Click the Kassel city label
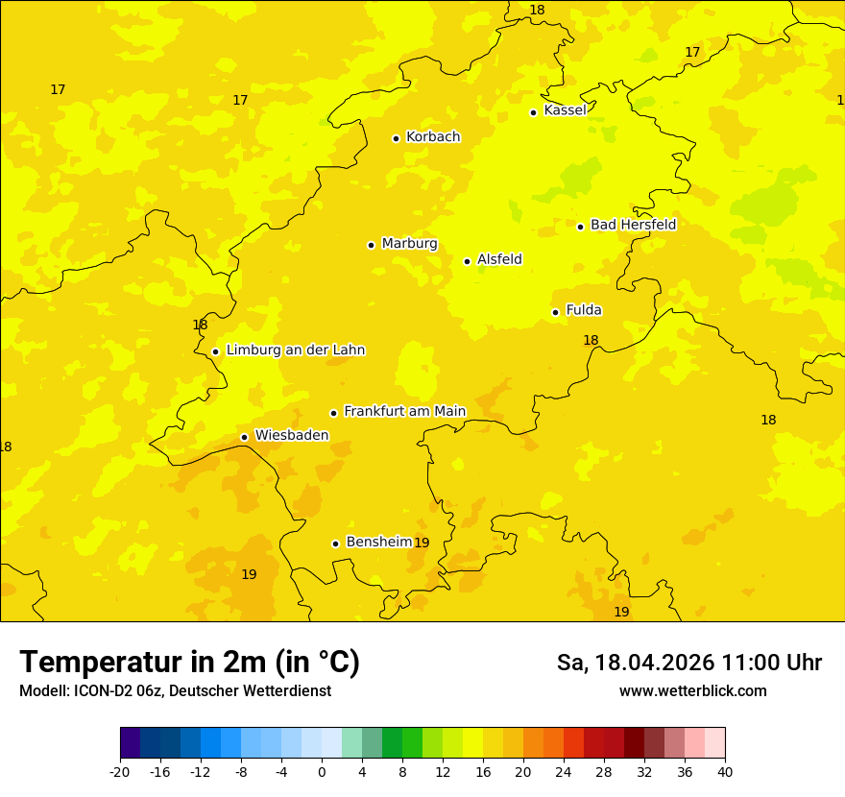565,110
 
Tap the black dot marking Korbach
396,138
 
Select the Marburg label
409,244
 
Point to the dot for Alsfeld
468,261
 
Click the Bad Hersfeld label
633,225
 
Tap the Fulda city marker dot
555,312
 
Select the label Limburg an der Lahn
295,350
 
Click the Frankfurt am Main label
404,411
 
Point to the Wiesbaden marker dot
245,437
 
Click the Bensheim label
378,542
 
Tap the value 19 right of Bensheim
422,543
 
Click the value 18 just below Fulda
591,340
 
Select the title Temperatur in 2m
189,662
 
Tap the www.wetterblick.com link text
692,690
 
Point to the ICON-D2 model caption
175,690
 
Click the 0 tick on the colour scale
322,771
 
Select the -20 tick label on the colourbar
120,771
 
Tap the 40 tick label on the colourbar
725,771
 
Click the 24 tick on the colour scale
564,771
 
